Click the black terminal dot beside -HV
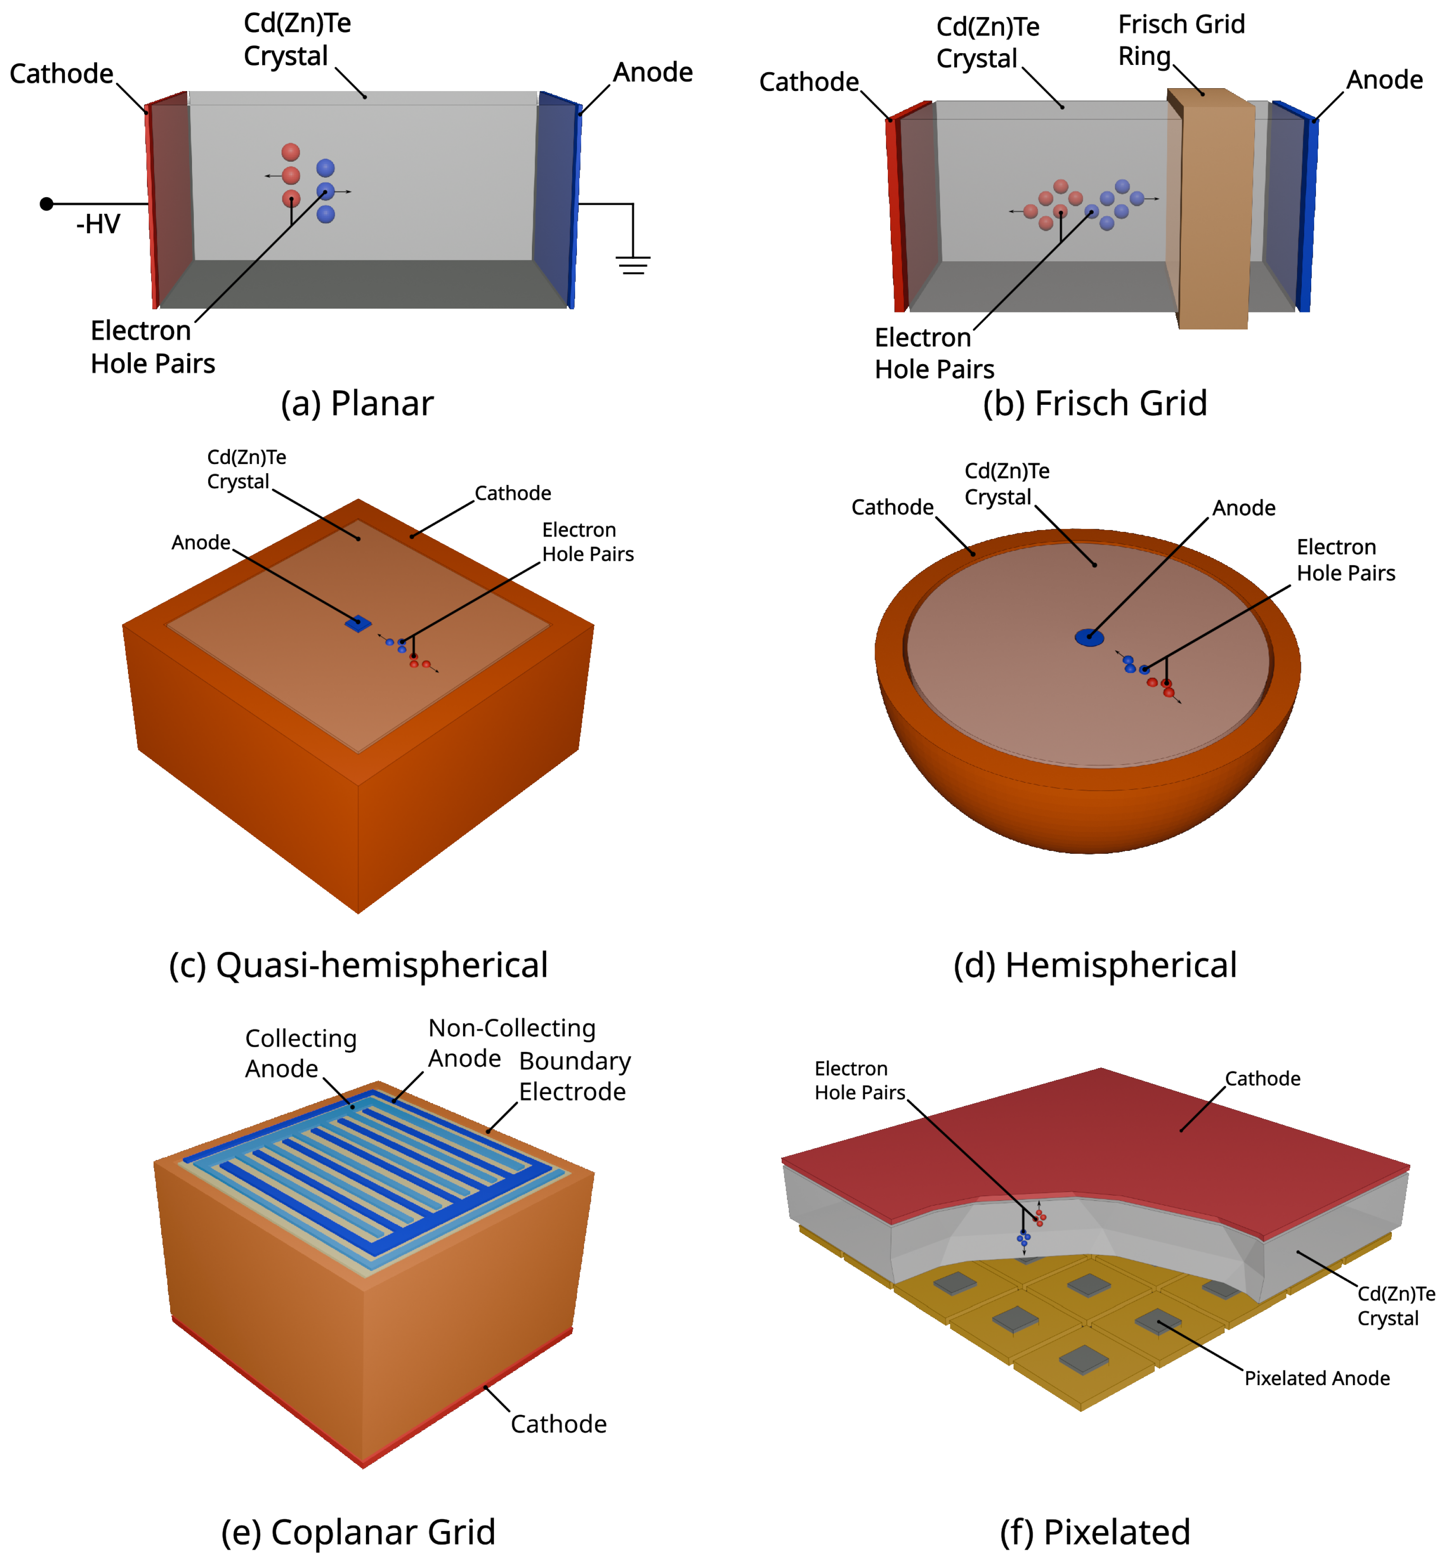coord(47,204)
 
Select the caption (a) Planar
coord(357,404)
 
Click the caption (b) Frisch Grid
coord(1095,404)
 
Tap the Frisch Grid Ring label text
coord(1181,41)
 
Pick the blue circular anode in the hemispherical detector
coord(1089,637)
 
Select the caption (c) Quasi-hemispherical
coord(358,965)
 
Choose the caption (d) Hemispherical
coord(1095,965)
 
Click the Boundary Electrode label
coord(575,1076)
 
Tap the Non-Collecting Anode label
coord(511,1043)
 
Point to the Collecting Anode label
coord(301,1053)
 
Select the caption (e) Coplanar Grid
coord(358,1532)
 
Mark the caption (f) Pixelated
coord(1095,1532)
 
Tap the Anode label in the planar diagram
coord(653,73)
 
